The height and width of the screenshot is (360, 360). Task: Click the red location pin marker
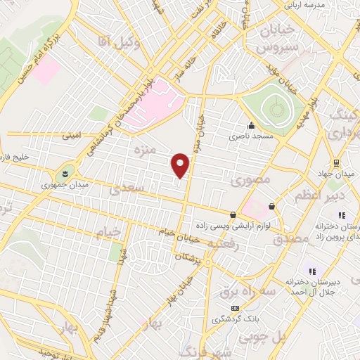(181, 165)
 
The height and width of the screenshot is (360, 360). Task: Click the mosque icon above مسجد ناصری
(250, 120)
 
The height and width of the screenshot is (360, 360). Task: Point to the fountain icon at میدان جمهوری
(65, 172)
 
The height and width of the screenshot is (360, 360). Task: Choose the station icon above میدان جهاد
(337, 162)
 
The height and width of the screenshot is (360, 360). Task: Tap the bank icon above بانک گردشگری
(235, 308)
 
